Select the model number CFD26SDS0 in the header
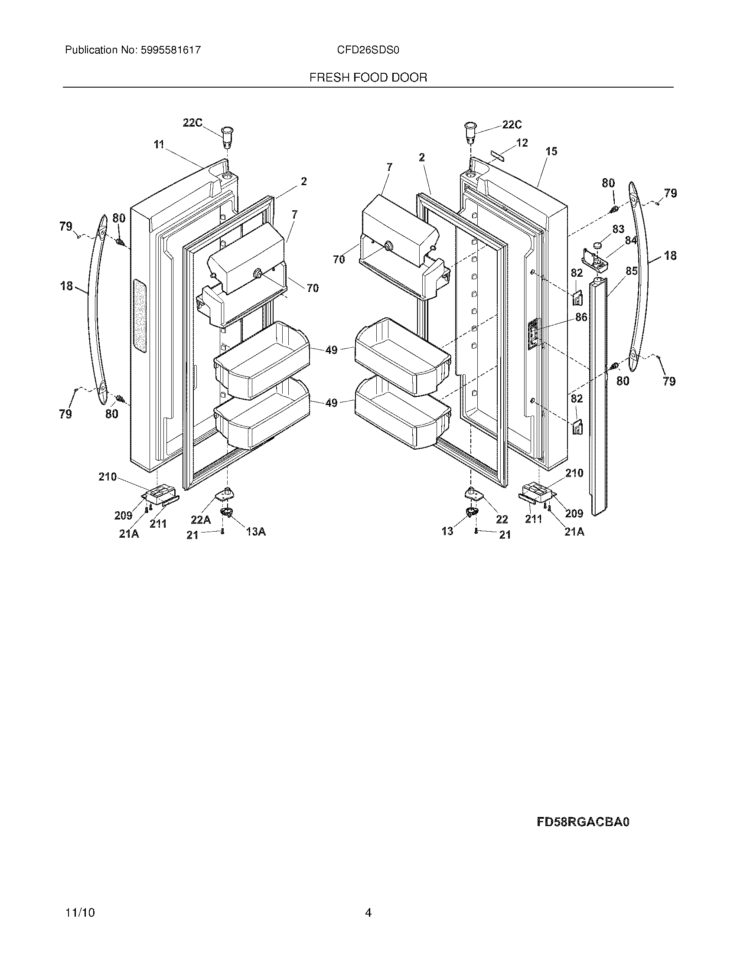click(x=368, y=50)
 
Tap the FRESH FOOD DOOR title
click(x=368, y=78)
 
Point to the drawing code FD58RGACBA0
click(x=583, y=822)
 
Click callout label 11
click(x=159, y=144)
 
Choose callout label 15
click(x=551, y=151)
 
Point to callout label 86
click(x=581, y=317)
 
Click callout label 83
click(x=618, y=229)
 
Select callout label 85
click(x=631, y=271)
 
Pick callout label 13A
click(x=256, y=532)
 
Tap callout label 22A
click(x=201, y=519)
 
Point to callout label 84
click(x=630, y=240)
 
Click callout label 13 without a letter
click(x=447, y=531)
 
